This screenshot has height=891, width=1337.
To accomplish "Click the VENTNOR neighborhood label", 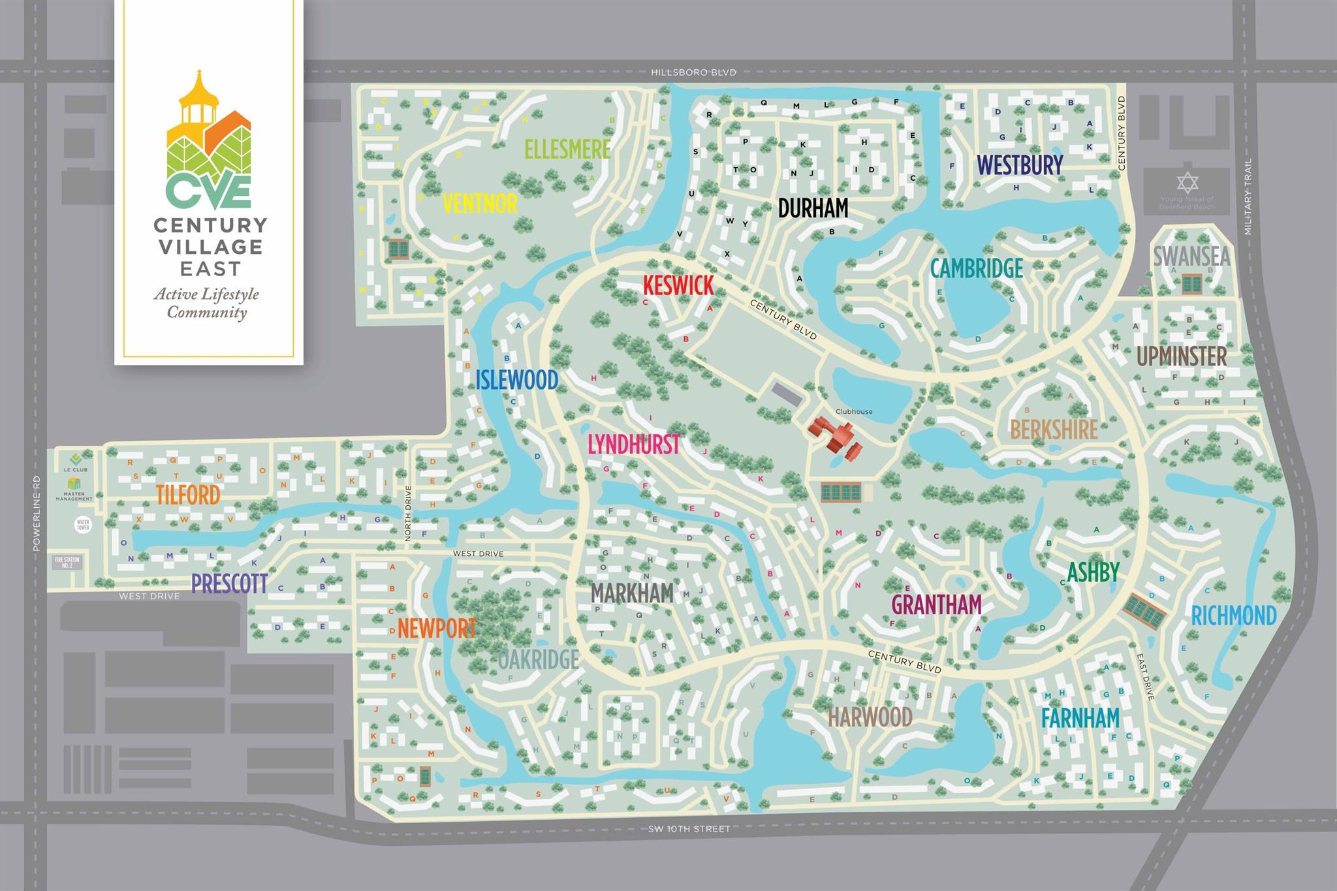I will [x=480, y=203].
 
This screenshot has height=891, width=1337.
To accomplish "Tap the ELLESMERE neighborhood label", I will [x=567, y=149].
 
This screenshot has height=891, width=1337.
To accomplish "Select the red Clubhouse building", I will [x=835, y=438].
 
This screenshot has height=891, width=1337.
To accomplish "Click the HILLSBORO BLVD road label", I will [x=693, y=72].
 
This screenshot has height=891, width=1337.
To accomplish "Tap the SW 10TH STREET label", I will [x=689, y=828].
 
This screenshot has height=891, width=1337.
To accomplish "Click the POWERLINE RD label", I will [x=37, y=512].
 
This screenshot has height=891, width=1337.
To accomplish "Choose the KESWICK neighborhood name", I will [x=678, y=285].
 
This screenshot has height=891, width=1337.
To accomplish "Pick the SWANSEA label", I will [x=1191, y=256].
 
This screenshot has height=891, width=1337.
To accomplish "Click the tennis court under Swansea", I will [x=1191, y=284].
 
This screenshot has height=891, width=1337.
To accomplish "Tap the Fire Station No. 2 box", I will [x=67, y=562].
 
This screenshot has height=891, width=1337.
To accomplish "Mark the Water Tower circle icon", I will [x=83, y=524].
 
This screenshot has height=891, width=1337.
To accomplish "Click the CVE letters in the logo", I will [x=208, y=190].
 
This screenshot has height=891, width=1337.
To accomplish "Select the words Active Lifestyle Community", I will [x=207, y=303].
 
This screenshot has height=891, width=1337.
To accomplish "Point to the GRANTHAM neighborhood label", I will [x=936, y=604].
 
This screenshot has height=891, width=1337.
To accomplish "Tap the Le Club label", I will [x=75, y=469].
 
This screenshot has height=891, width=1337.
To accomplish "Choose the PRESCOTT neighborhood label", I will [x=229, y=583].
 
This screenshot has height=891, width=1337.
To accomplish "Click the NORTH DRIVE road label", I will [x=408, y=513].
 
